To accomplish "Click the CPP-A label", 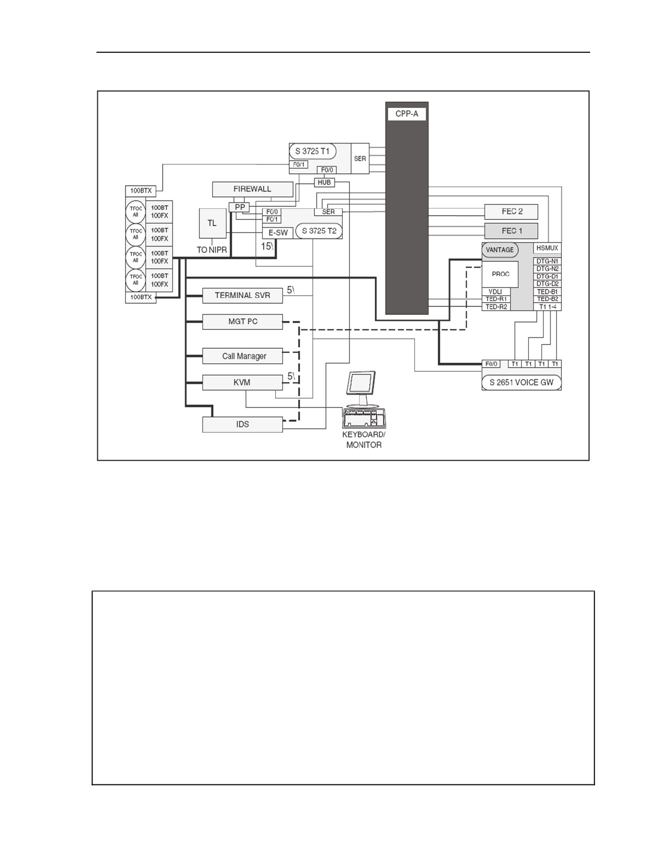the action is click(x=407, y=114).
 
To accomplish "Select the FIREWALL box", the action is click(x=253, y=189).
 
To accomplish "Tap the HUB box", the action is click(x=324, y=183).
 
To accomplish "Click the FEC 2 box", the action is click(x=511, y=212).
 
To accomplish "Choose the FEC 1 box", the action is click(x=511, y=231).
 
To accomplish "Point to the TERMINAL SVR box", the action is click(x=243, y=295).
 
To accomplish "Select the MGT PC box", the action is click(x=243, y=322).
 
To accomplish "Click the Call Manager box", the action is click(x=243, y=356).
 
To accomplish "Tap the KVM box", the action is click(x=243, y=382).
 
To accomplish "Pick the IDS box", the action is click(x=243, y=425).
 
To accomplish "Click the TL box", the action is click(x=212, y=224).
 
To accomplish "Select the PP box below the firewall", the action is click(x=240, y=207).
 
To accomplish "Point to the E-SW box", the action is click(x=278, y=233).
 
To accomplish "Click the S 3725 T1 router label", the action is click(x=313, y=151).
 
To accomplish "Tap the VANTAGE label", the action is click(x=500, y=250).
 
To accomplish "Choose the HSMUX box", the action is click(x=547, y=248).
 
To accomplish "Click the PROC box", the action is click(x=500, y=274).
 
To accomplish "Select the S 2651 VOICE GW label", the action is click(x=522, y=382).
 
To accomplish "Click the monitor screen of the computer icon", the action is click(x=361, y=382).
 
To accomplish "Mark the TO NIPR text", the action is click(x=212, y=250).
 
